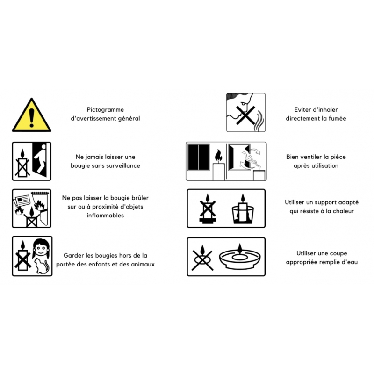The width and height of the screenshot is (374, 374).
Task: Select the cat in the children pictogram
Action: click(42, 266)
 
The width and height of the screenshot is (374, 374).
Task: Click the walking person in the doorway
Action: click(40, 159)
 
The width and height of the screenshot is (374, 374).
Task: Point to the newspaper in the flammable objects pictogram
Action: click(22, 200)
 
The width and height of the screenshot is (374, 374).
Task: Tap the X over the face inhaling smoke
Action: click(246, 115)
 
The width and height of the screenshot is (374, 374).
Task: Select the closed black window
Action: click(198, 157)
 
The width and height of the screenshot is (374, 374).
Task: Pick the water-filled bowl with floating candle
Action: click(240, 257)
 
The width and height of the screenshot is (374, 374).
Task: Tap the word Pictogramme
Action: click(105, 110)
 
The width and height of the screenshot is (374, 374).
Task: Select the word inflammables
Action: click(105, 216)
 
